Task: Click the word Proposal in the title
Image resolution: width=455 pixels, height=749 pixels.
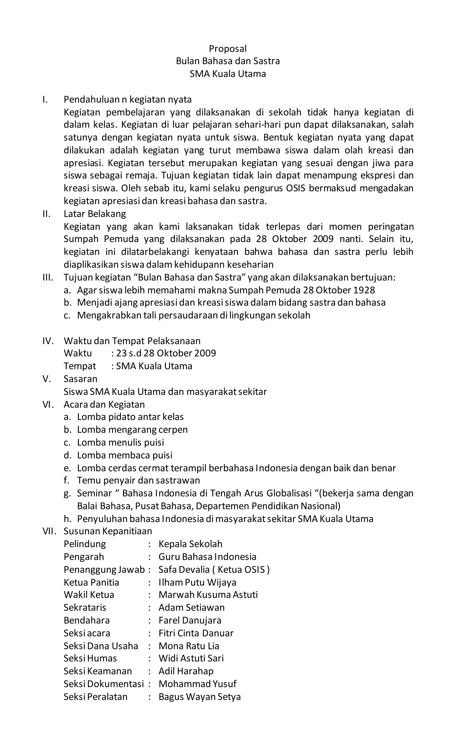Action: point(227,49)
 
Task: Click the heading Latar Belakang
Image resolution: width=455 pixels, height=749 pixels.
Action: point(95,214)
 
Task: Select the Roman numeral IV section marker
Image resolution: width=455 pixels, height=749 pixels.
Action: point(48,341)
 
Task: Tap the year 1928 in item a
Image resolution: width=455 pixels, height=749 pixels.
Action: point(364,290)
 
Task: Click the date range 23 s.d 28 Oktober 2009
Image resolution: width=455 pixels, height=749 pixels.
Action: point(166,353)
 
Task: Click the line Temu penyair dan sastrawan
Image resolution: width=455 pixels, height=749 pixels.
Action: point(138,480)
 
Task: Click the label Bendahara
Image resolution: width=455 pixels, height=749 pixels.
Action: point(87,620)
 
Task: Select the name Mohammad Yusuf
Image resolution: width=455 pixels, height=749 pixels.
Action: point(197,684)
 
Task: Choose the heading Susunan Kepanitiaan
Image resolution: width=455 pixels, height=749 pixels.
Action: point(108,531)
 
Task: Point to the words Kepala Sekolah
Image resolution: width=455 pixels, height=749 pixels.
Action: point(190,544)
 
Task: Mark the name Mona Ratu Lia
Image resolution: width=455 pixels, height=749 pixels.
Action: point(189,646)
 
